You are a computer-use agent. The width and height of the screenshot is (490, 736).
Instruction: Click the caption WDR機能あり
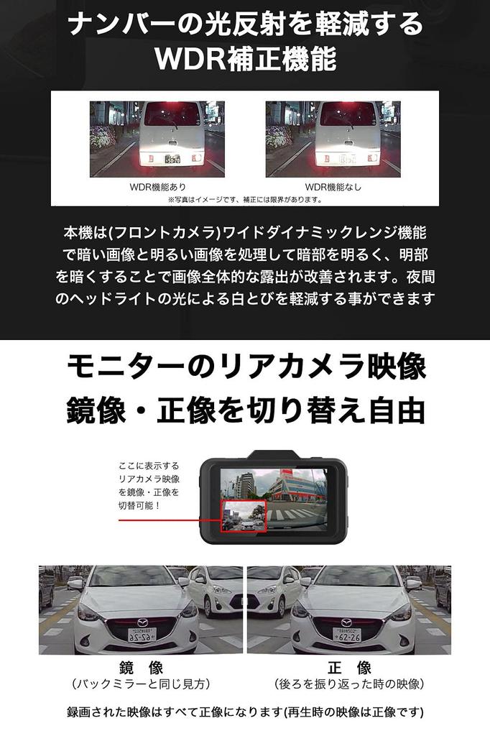pyautogui.click(x=157, y=187)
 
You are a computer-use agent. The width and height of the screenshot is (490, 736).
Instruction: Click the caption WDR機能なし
pyautogui.click(x=333, y=187)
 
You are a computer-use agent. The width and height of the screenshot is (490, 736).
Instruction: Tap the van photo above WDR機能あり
pyautogui.click(x=157, y=138)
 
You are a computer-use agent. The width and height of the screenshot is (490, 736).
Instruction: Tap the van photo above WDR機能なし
pyautogui.click(x=333, y=138)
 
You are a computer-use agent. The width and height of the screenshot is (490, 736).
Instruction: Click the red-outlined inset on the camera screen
pyautogui.click(x=244, y=516)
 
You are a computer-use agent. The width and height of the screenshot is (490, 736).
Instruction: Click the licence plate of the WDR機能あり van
pyautogui.click(x=171, y=160)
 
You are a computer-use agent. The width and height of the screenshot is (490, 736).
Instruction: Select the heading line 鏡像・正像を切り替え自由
pyautogui.click(x=245, y=410)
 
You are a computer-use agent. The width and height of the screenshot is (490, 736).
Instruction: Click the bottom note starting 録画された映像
pyautogui.click(x=245, y=713)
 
